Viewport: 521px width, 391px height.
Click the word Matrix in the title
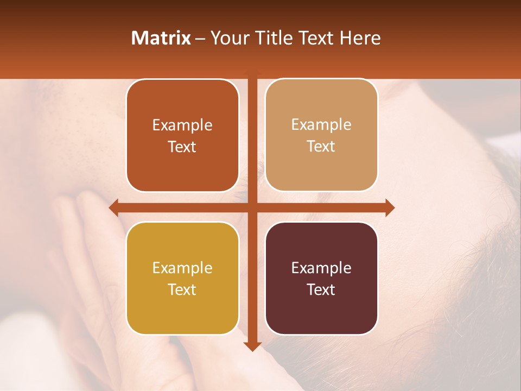click(x=161, y=38)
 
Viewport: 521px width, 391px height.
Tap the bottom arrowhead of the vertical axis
click(x=252, y=346)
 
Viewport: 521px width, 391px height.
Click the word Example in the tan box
click(x=321, y=124)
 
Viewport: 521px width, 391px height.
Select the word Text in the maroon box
click(x=321, y=289)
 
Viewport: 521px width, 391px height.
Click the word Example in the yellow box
click(x=182, y=268)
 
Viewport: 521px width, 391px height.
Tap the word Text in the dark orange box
click(x=182, y=147)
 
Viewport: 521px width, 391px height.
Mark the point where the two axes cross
click(x=252, y=207)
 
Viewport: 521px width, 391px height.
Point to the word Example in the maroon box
click(x=321, y=268)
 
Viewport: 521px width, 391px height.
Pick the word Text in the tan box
click(x=321, y=147)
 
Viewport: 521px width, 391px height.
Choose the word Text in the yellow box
click(x=182, y=289)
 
